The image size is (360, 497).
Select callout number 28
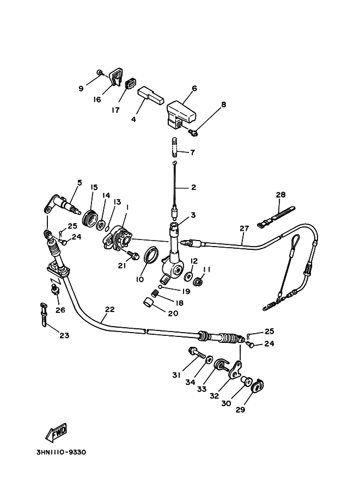(x=280, y=195)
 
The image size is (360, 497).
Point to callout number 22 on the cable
(x=109, y=309)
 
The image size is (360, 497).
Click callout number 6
(x=194, y=88)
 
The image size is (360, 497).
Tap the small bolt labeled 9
(x=100, y=72)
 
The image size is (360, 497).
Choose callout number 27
(x=243, y=229)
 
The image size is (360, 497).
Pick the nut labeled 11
(x=198, y=282)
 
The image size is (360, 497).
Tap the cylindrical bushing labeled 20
(x=147, y=303)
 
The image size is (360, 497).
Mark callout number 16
(x=97, y=100)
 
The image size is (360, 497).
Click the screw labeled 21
(x=131, y=254)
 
